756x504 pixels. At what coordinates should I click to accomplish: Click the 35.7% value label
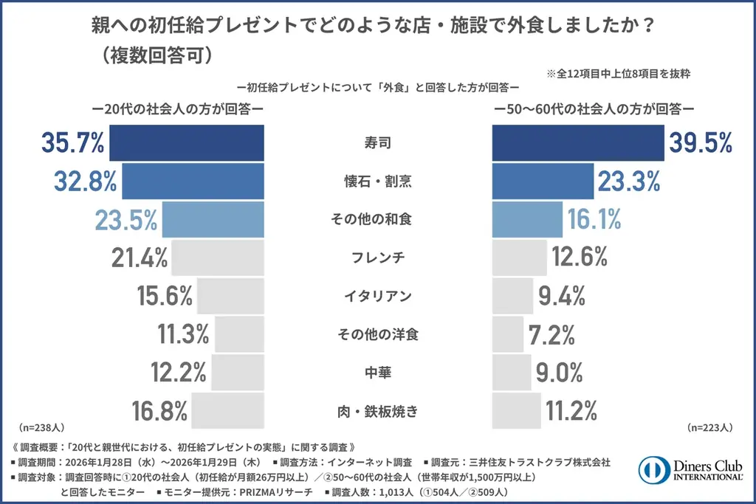(72, 142)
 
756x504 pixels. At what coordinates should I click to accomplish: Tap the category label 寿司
(378, 142)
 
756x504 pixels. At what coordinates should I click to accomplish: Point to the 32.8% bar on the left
(193, 181)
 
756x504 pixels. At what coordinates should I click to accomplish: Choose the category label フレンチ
(378, 258)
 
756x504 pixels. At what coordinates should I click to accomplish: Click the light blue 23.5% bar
(213, 219)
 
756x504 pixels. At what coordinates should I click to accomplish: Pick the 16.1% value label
(594, 219)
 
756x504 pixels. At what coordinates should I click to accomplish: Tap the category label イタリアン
(378, 296)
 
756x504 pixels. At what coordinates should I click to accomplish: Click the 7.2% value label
(551, 334)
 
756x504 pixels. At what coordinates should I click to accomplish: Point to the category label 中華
(378, 373)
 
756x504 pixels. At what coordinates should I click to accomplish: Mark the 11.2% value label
(571, 411)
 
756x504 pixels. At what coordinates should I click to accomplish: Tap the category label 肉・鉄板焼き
(378, 411)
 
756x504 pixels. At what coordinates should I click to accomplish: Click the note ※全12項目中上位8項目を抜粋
(618, 74)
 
